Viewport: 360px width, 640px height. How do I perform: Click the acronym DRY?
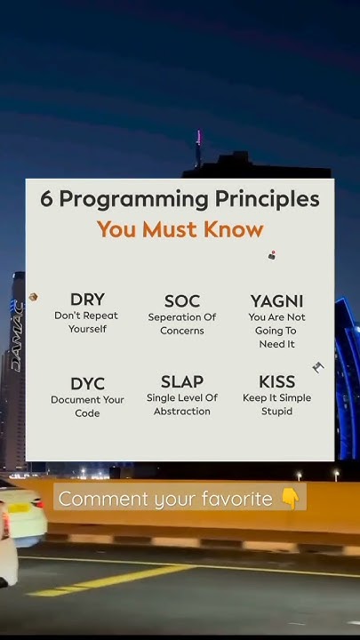pos(87,300)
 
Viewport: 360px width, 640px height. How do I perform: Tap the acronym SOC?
pos(181,301)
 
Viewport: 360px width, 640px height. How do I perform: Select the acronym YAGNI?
pos(276,301)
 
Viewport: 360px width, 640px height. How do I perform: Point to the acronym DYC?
pos(87,384)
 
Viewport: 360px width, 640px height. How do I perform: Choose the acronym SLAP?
pos(181,382)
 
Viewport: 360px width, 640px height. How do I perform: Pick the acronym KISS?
pos(276,382)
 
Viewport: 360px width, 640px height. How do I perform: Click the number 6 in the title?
pos(46,199)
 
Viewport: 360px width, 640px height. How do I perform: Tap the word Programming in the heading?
pos(135,200)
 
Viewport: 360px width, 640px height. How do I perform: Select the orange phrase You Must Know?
pos(180,229)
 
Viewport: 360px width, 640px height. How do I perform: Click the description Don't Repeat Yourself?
pos(87,322)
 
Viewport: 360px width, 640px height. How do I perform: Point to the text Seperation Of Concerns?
pos(181,324)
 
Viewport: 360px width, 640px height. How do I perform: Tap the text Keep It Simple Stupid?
pos(276,404)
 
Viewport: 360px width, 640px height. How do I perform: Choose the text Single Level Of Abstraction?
pos(181,404)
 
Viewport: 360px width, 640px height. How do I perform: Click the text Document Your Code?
pos(87,406)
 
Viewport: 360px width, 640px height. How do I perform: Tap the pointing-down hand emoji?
pos(291,499)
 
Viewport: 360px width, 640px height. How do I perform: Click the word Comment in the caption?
pos(98,499)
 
